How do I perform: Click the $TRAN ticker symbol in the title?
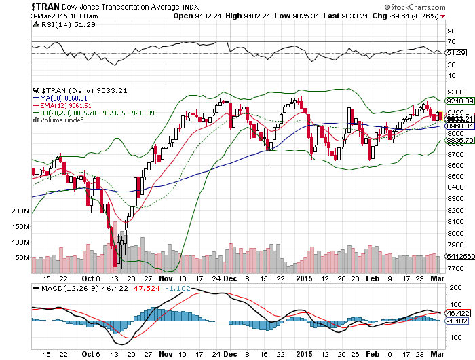pyautogui.click(x=45, y=6)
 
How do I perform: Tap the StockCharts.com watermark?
pyautogui.click(x=415, y=7)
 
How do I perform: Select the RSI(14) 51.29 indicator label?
pyautogui.click(x=65, y=25)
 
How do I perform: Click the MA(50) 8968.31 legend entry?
pyautogui.click(x=60, y=98)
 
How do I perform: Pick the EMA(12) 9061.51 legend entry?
pyautogui.click(x=62, y=105)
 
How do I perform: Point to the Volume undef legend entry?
pyautogui.click(x=58, y=120)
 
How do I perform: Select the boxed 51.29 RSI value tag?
pyautogui.click(x=456, y=53)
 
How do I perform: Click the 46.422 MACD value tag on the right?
pyautogui.click(x=458, y=313)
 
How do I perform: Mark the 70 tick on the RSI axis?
pyautogui.click(x=451, y=42)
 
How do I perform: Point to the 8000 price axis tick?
pyautogui.click(x=455, y=233)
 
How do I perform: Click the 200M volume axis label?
pyautogui.click(x=20, y=211)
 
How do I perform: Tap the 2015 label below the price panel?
pyautogui.click(x=304, y=278)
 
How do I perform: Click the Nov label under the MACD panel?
pyautogui.click(x=166, y=354)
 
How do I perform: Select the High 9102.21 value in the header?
pyautogui.click(x=248, y=16)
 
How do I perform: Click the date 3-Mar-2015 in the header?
pyautogui.click(x=50, y=16)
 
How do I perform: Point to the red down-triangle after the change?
pyautogui.click(x=443, y=16)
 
